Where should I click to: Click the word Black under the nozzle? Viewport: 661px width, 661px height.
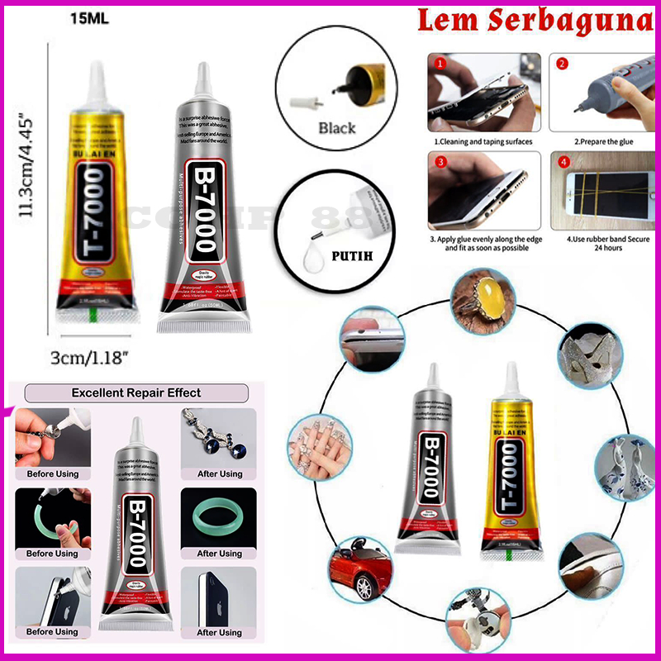point(336,128)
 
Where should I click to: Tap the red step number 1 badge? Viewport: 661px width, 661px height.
point(441,63)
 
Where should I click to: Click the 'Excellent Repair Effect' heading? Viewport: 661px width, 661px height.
point(136,393)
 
